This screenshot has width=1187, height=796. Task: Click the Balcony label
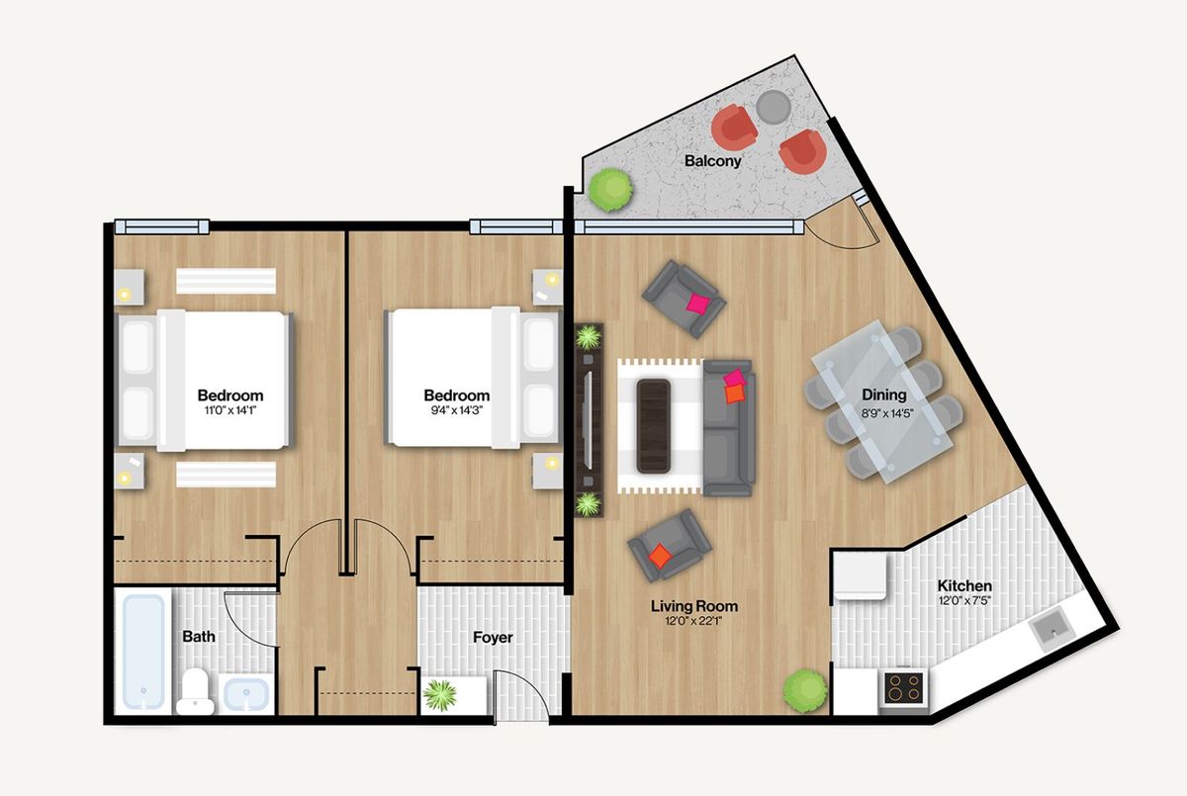[x=713, y=161]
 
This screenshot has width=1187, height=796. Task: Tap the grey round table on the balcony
[x=774, y=107]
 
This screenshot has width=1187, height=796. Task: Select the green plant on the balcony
[x=611, y=190]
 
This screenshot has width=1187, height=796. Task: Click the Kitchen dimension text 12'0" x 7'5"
[x=964, y=600]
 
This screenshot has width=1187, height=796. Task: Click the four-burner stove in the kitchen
[x=904, y=687]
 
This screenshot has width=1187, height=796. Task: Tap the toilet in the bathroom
[x=195, y=691]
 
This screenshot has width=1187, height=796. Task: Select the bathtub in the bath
[x=143, y=652]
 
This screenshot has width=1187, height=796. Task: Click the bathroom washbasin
[x=246, y=693]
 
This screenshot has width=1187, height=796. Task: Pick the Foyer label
[x=493, y=637]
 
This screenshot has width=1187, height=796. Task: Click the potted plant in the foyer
[x=440, y=695]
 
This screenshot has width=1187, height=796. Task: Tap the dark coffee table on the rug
[x=654, y=426]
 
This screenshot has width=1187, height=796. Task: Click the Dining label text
[x=884, y=395]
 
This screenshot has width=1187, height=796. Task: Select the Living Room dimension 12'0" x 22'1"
[x=693, y=621]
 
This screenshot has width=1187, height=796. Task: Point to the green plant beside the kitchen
[x=805, y=690]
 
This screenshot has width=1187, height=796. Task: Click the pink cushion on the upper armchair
[x=698, y=304]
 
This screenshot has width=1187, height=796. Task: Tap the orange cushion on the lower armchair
[x=661, y=555]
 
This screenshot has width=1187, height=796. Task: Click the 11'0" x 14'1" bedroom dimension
[x=230, y=410]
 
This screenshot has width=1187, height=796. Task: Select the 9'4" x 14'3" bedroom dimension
[x=456, y=410]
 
